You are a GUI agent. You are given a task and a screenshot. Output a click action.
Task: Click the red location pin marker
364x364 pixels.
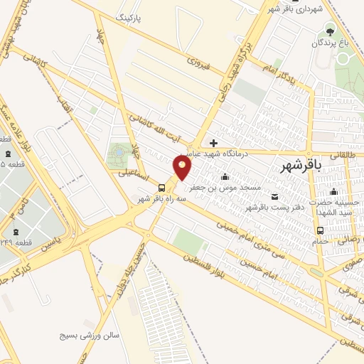click(183, 167)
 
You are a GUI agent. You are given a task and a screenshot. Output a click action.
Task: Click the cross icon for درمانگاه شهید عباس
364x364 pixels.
click(213, 143)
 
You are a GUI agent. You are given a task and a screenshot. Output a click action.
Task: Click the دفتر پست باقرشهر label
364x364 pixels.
click(269, 207)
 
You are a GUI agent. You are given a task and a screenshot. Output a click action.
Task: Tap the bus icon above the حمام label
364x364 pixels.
click(320, 230)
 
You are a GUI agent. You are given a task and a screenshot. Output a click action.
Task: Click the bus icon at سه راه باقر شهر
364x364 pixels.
click(163, 188)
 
